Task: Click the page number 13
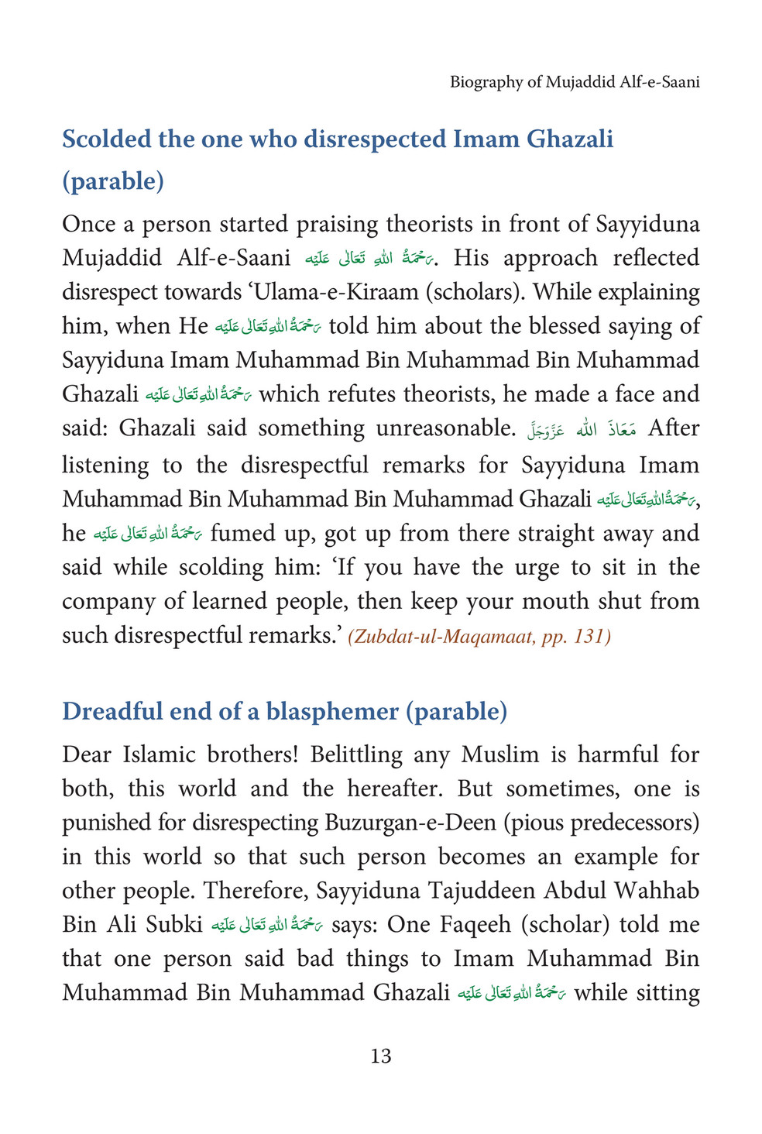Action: coord(380,1056)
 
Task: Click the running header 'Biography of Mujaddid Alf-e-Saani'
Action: coord(575,82)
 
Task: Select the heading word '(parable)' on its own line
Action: coord(113,181)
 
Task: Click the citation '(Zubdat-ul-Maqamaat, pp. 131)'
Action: coord(479,637)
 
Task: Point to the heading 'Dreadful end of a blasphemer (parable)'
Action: coord(284,711)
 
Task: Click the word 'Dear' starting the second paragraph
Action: coord(86,754)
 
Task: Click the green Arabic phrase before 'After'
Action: coord(580,429)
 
